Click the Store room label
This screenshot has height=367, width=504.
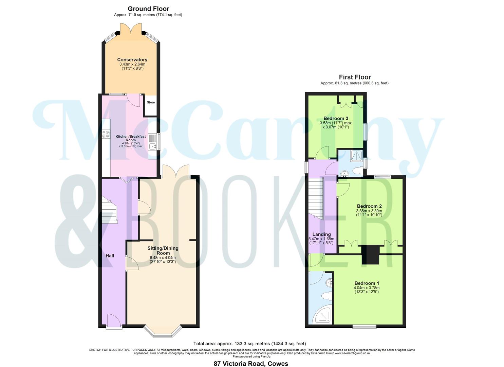click(x=151, y=102)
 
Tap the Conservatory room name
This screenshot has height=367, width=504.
click(x=132, y=60)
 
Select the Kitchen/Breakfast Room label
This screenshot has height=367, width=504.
click(x=131, y=138)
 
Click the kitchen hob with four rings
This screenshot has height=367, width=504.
click(x=106, y=134)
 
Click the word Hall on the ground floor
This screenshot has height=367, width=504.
click(x=110, y=255)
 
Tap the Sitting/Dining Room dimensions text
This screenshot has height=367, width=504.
click(x=163, y=260)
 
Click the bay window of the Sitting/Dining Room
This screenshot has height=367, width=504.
click(x=163, y=332)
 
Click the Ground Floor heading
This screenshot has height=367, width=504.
click(x=148, y=9)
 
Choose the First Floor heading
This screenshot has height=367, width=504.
click(x=355, y=77)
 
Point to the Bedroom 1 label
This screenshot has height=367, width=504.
click(x=367, y=283)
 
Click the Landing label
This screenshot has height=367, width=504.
click(x=321, y=234)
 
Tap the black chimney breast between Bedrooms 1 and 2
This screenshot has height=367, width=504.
click(x=370, y=255)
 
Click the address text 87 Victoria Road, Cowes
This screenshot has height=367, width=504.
click(x=251, y=364)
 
